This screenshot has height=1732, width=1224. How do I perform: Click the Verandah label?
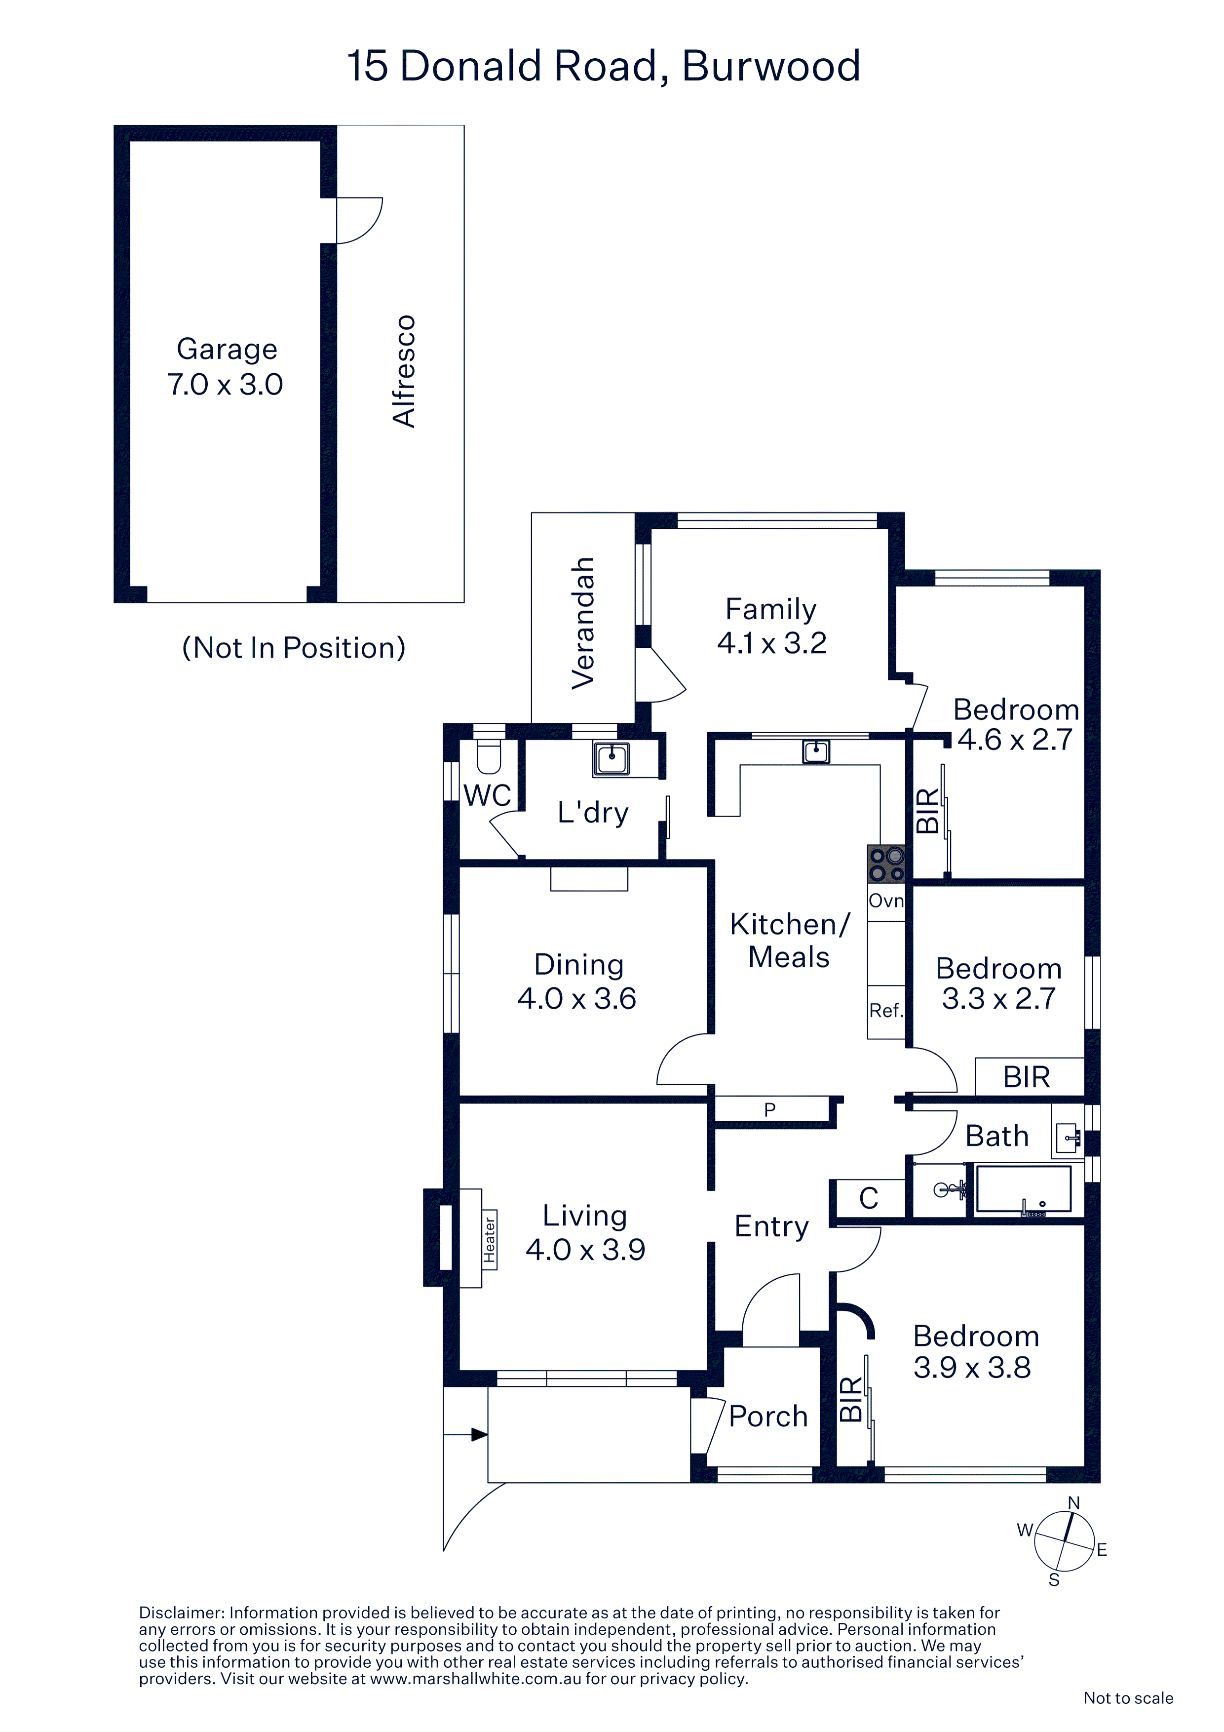point(583,623)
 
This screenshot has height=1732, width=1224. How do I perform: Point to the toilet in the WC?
point(489,756)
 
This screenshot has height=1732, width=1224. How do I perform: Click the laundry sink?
point(612,759)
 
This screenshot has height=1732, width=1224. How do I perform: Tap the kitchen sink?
point(816,751)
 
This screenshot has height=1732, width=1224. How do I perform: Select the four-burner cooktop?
point(886,864)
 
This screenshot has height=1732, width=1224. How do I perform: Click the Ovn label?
point(886,901)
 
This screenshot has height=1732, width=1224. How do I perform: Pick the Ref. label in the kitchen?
point(886,1011)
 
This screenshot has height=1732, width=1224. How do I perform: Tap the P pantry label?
point(770,1110)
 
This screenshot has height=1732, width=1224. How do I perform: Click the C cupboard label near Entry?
point(869,1198)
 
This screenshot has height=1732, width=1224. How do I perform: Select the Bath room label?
point(997,1136)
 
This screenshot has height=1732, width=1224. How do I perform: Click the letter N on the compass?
point(1074,1503)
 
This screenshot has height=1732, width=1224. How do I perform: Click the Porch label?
point(768,1417)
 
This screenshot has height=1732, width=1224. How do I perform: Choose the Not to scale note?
point(1128,1698)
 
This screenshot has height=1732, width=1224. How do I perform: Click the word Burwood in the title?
point(771,66)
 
